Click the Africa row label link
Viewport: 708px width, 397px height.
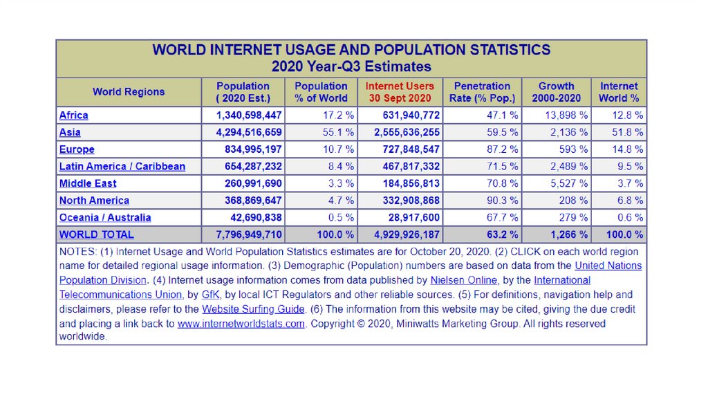pyautogui.click(x=74, y=116)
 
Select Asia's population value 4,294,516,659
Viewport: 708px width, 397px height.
pyautogui.click(x=249, y=132)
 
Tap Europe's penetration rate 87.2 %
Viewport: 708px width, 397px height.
pyautogui.click(x=503, y=149)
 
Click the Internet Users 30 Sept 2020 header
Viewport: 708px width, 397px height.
pyautogui.click(x=400, y=92)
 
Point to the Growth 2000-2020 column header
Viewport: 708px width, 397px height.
pyautogui.click(x=556, y=92)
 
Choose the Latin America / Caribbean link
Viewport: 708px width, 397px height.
pyautogui.click(x=122, y=167)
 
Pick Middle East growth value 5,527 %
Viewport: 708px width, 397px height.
pyautogui.click(x=569, y=183)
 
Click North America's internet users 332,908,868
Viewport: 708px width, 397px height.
pyautogui.click(x=411, y=201)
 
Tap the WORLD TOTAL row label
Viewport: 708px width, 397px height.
pyautogui.click(x=97, y=234)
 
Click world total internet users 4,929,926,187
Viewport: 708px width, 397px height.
pyautogui.click(x=407, y=234)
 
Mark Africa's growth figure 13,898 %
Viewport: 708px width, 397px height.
pyautogui.click(x=566, y=116)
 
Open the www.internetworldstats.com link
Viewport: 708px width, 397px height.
pyautogui.click(x=241, y=324)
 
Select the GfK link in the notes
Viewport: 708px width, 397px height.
pyautogui.click(x=210, y=295)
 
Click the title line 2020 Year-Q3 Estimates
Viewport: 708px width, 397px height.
pyautogui.click(x=351, y=67)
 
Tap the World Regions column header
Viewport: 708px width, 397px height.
pyautogui.click(x=129, y=92)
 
